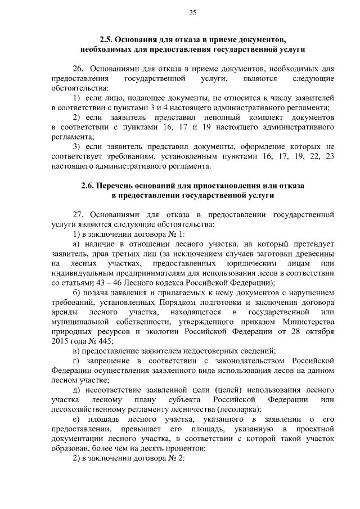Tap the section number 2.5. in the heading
pos(108,40)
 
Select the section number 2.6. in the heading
pos(90,186)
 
